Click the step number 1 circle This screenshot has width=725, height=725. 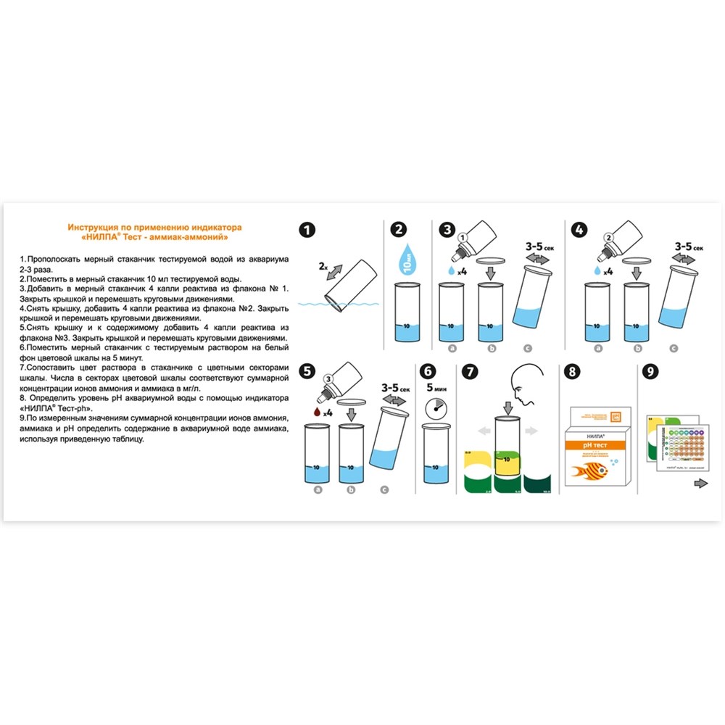click(x=307, y=231)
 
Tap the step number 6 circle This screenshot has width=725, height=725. click(x=429, y=372)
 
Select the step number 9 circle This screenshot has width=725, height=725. click(x=651, y=372)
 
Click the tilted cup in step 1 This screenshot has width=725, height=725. click(x=353, y=289)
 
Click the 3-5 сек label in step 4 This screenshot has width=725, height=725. click(x=684, y=247)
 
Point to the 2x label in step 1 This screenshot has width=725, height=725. click(x=323, y=267)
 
